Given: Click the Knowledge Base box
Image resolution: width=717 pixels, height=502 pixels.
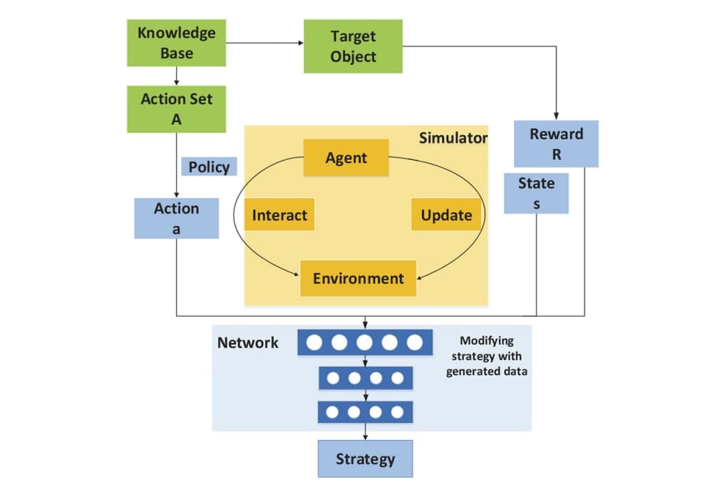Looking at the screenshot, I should click(176, 43).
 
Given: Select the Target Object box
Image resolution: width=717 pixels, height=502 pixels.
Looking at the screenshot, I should click(353, 46).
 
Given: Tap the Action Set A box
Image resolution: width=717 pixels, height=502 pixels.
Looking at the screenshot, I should click(176, 109).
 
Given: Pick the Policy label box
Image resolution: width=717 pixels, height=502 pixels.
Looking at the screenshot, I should click(209, 167).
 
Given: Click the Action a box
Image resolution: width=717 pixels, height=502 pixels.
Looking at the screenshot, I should click(176, 218).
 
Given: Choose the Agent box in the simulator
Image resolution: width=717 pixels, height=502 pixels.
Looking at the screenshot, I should click(346, 158).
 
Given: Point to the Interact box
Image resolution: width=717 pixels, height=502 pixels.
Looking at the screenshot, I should click(279, 215).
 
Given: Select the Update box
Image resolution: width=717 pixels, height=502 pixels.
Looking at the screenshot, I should click(446, 215).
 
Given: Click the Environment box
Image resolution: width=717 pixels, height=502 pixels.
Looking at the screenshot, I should click(358, 278).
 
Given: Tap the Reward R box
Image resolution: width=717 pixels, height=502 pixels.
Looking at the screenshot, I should click(556, 143).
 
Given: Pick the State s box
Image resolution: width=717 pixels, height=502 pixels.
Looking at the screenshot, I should click(536, 193).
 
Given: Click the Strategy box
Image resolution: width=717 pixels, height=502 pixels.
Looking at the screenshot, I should click(365, 459).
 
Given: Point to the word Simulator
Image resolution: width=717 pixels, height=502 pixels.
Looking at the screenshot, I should click(453, 138).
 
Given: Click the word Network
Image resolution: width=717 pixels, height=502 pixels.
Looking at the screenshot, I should click(247, 342).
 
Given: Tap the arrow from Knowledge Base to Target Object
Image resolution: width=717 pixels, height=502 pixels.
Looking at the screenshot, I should click(264, 43).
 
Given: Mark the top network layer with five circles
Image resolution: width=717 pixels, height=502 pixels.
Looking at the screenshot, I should click(365, 343).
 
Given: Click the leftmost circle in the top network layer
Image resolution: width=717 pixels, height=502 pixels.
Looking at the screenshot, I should click(314, 343).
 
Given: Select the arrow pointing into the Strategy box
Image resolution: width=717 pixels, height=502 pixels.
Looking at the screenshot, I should click(365, 433).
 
